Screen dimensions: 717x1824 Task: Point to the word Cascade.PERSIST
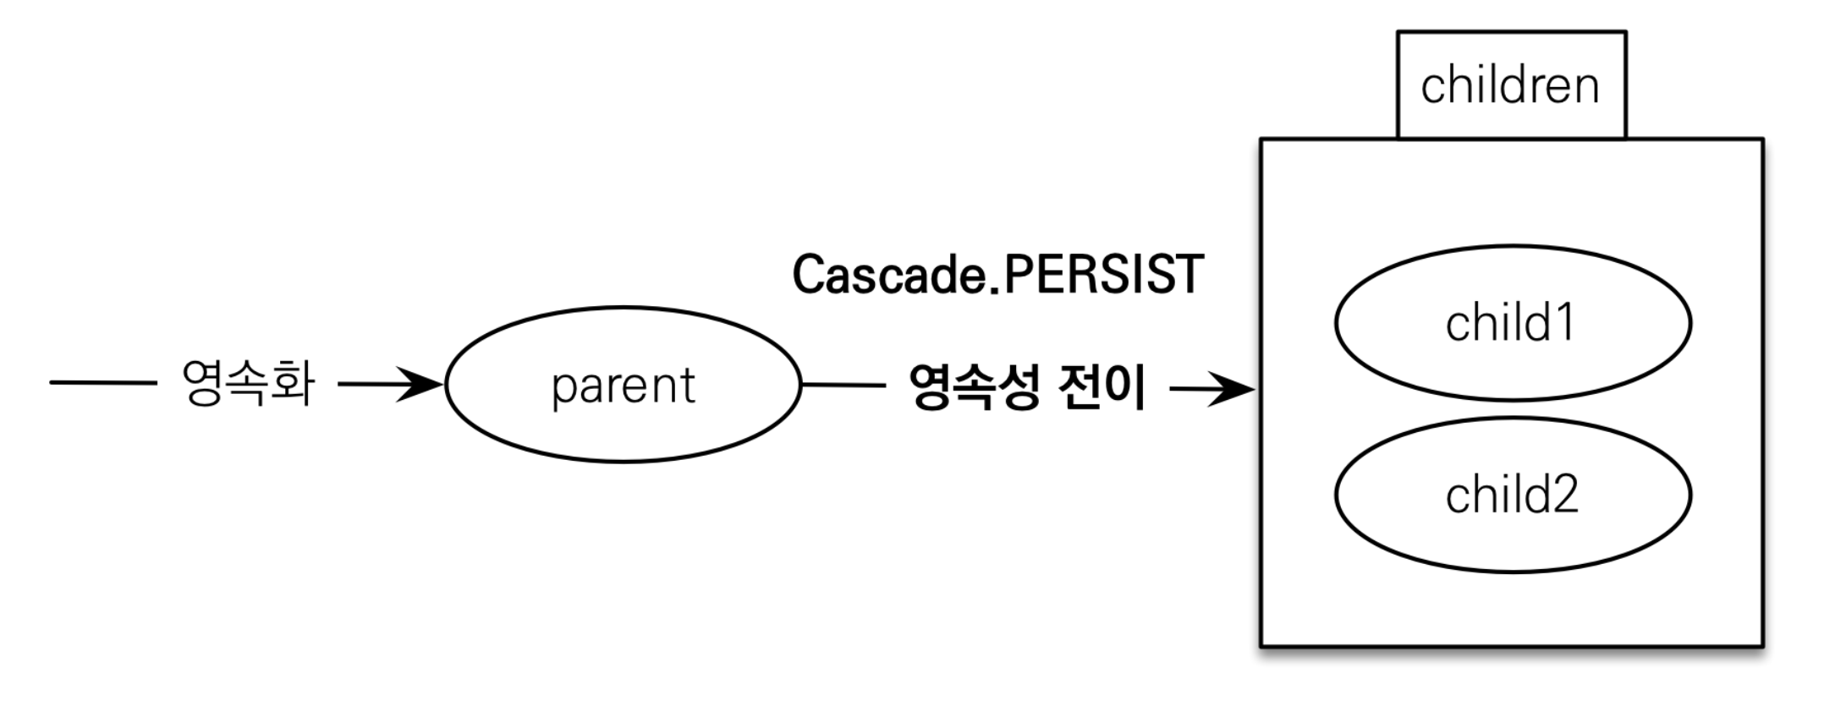click(998, 275)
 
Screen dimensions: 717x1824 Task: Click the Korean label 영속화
click(249, 383)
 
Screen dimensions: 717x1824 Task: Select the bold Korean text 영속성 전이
click(1027, 387)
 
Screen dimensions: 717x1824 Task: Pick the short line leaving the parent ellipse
click(843, 386)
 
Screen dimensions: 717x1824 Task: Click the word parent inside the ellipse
click(623, 386)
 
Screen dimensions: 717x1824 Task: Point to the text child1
click(1510, 323)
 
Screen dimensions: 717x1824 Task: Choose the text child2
click(1512, 495)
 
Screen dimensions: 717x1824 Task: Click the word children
click(1510, 86)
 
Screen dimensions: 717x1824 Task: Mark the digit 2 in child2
click(1563, 495)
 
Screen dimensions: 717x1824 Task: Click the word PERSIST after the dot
click(1103, 275)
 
